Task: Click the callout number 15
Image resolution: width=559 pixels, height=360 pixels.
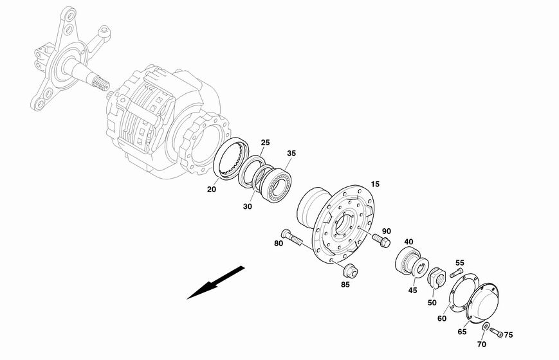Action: coord(375,184)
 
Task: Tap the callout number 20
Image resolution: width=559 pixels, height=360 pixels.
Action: coord(212,189)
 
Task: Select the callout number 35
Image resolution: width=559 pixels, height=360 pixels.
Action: coord(291,153)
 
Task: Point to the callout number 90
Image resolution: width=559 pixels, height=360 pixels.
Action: coord(387,231)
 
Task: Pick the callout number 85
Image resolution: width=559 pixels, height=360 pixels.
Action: coord(345,284)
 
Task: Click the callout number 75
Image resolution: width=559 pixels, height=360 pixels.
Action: coord(508,335)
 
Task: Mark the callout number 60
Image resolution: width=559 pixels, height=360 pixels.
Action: coord(442,318)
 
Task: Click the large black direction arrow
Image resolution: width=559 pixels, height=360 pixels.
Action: coord(216,282)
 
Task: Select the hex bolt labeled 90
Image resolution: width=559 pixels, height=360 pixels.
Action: coord(381,240)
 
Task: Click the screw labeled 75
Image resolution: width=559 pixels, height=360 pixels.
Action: coord(496,332)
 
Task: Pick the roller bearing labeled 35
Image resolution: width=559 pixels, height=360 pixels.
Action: coord(275,184)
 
